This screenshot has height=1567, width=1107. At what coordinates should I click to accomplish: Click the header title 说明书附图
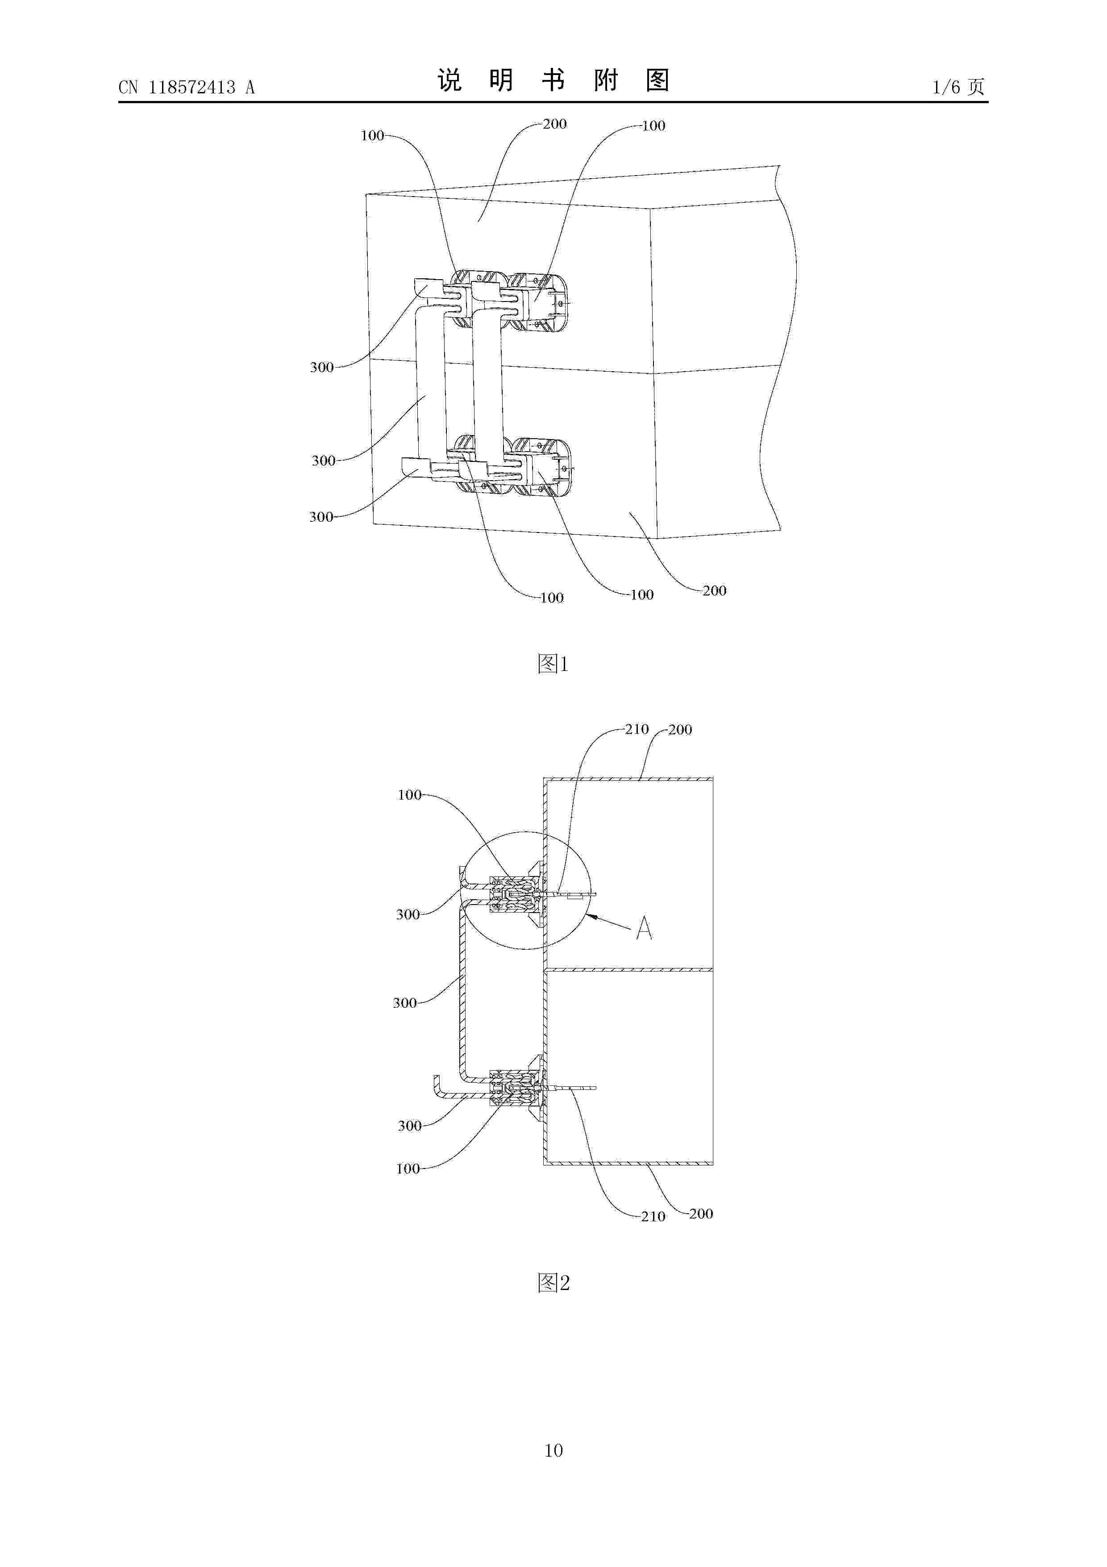pos(553,80)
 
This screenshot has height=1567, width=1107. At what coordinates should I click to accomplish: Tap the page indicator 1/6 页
pos(958,87)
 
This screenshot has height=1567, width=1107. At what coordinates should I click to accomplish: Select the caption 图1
pos(553,663)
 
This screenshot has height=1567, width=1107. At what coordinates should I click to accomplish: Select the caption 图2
pos(553,1283)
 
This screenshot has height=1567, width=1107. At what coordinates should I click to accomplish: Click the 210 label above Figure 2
pos(637,729)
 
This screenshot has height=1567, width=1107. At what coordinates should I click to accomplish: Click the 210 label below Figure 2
pos(653,1216)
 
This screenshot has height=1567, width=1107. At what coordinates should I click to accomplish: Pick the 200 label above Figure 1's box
pos(554,124)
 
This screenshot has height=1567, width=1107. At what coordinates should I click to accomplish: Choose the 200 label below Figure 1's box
pos(714,591)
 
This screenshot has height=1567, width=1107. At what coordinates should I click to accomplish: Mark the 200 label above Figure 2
pos(680,729)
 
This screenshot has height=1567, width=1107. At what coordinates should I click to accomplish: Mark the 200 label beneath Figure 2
pos(700,1214)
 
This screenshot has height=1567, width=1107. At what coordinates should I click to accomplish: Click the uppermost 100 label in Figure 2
pos(409,794)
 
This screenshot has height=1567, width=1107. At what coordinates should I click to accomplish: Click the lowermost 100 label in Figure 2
pos(408,1169)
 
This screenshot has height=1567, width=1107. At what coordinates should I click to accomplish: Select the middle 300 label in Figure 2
pos(404,1002)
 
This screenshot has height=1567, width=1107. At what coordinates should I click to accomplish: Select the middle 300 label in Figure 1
pos(323,461)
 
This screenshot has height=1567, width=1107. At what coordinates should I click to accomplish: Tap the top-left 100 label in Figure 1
pos(372,135)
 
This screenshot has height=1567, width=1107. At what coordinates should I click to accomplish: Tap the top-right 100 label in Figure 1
pos(653,126)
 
